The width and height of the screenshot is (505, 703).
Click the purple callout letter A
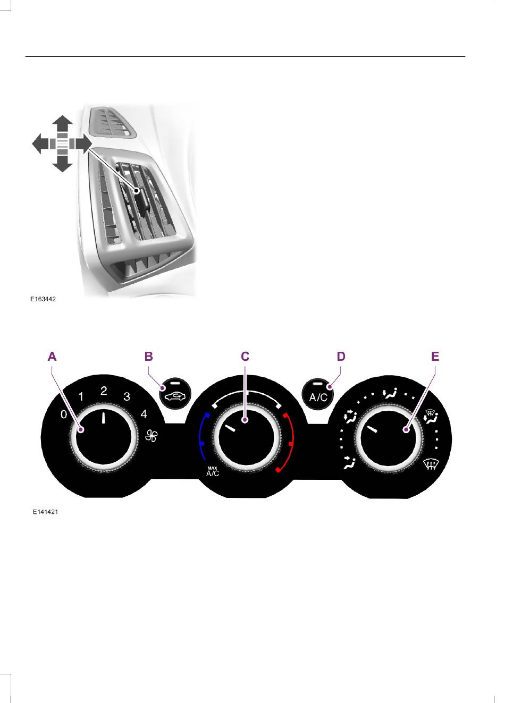pyautogui.click(x=52, y=357)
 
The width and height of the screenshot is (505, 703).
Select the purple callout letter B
pyautogui.click(x=148, y=357)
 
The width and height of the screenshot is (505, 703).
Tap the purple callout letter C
pyautogui.click(x=245, y=357)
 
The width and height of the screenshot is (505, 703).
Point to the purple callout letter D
pyautogui.click(x=341, y=357)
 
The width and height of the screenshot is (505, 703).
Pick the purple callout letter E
pyautogui.click(x=435, y=357)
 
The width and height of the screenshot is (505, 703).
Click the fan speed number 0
pyautogui.click(x=64, y=414)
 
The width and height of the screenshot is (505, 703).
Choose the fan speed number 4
pyautogui.click(x=144, y=414)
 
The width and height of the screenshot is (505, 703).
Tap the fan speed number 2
pyautogui.click(x=104, y=391)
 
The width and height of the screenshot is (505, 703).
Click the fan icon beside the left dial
pyautogui.click(x=151, y=436)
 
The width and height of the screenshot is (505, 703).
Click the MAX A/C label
pyautogui.click(x=212, y=472)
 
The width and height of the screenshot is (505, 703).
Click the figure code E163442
pyautogui.click(x=43, y=299)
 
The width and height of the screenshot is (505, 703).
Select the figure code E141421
pyautogui.click(x=46, y=512)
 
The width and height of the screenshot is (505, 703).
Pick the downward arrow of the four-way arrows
pyautogui.click(x=63, y=163)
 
